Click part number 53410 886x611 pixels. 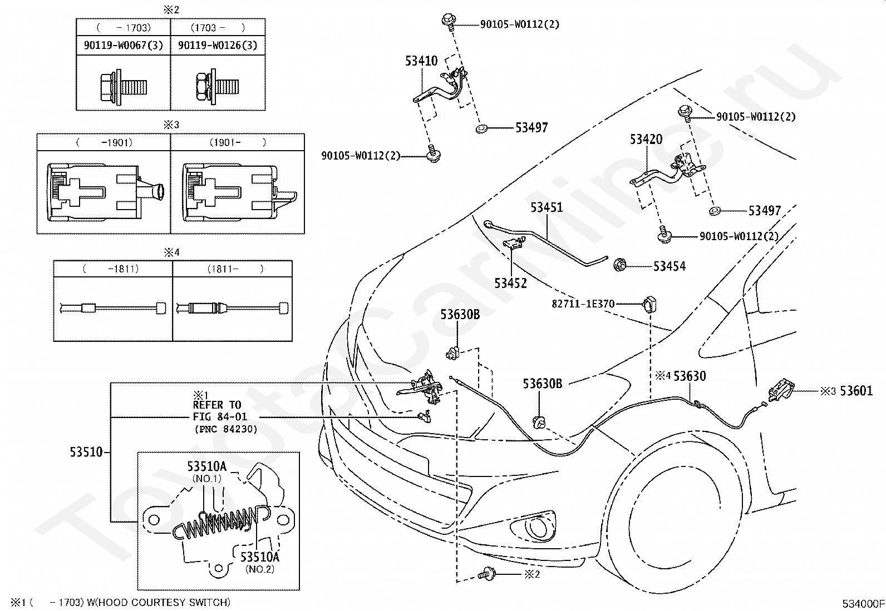click(x=421, y=61)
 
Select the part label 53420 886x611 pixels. click(x=646, y=139)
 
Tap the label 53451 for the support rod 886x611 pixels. click(x=546, y=207)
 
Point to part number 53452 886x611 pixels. click(x=511, y=283)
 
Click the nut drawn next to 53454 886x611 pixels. click(x=620, y=265)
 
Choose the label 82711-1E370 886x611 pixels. click(x=583, y=304)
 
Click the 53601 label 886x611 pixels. click(x=856, y=391)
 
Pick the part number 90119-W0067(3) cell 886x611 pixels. click(x=124, y=45)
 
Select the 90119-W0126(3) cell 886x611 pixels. click(x=218, y=45)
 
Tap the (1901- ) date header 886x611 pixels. click(x=237, y=142)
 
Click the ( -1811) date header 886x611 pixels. click(x=111, y=269)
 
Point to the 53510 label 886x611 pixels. click(x=86, y=452)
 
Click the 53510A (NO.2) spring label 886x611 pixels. click(x=260, y=562)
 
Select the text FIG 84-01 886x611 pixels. click(x=219, y=416)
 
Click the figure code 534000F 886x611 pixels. click(x=863, y=603)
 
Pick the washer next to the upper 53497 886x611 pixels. click(x=481, y=128)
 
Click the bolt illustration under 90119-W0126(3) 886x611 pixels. click(x=217, y=86)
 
